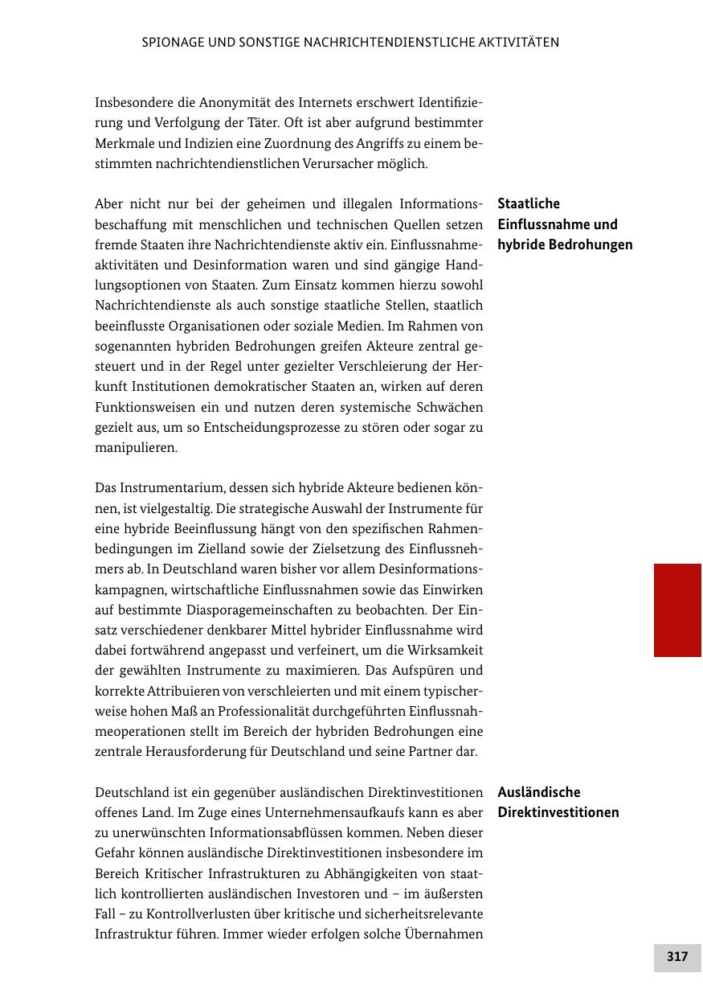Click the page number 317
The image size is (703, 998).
pyautogui.click(x=677, y=957)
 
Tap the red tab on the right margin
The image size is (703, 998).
pyautogui.click(x=677, y=610)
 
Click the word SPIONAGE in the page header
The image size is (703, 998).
pyautogui.click(x=171, y=43)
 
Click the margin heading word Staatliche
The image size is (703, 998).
pyautogui.click(x=529, y=204)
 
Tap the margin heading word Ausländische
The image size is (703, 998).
pyautogui.click(x=538, y=792)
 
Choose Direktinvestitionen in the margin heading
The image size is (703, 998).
pyautogui.click(x=558, y=812)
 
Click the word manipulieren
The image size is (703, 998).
pyautogui.click(x=136, y=448)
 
